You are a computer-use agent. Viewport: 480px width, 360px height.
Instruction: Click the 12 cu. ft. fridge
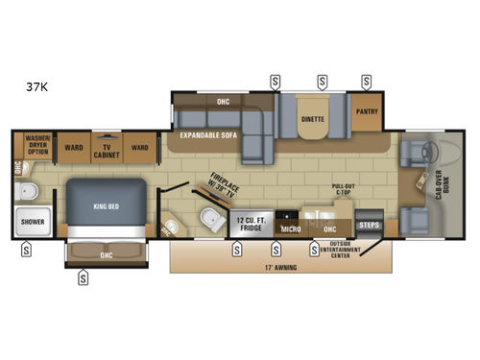click(250, 226)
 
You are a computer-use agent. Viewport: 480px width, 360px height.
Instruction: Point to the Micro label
click(290, 229)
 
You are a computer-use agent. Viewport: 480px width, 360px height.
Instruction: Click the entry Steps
click(369, 226)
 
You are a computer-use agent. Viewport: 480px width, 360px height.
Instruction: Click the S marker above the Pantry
click(364, 79)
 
